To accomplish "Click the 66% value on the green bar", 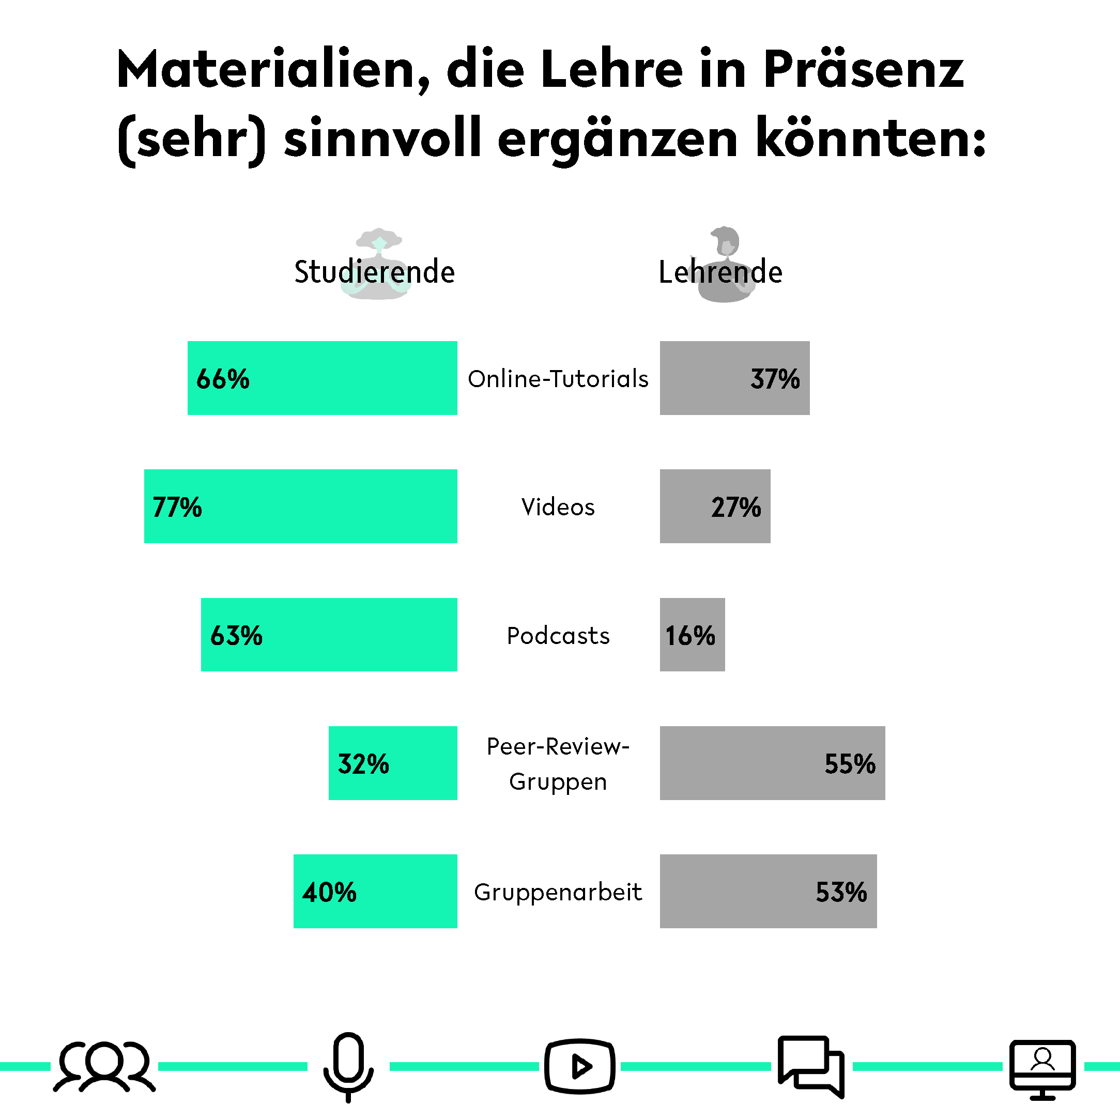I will [223, 379].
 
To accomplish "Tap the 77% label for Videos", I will [177, 507].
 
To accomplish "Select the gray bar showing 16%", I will [692, 635].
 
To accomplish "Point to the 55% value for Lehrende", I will [849, 763].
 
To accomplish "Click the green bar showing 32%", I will [392, 763].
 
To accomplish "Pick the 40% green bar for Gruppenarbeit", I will [375, 891].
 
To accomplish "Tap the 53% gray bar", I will [768, 891].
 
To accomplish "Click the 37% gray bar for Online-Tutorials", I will [734, 378].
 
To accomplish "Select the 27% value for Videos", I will [735, 507].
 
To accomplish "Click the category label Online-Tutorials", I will [558, 379].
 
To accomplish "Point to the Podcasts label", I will [558, 636].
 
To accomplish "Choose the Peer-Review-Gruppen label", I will [558, 763].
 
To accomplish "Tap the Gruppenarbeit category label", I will [558, 892].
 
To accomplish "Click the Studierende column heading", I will [375, 272].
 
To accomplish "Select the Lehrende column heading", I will [720, 272].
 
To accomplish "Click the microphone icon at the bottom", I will [348, 1066].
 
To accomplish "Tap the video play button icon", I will [579, 1066].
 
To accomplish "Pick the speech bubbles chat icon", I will [810, 1066].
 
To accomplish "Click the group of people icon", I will [104, 1066].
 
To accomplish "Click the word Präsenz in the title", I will [863, 70].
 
